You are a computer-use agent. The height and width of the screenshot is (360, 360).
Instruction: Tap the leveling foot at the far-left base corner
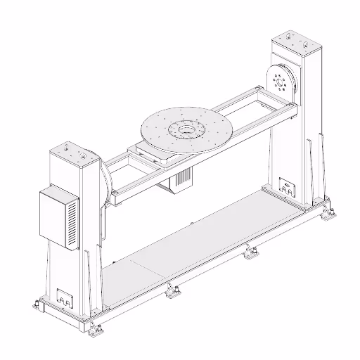pos(34,304)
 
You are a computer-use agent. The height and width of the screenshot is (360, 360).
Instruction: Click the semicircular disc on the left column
pos(105,184)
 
